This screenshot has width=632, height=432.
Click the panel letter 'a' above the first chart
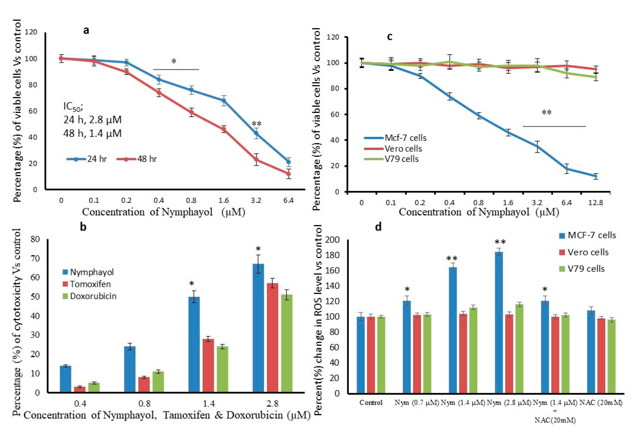(86, 31)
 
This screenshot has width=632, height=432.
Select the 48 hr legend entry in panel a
(137, 159)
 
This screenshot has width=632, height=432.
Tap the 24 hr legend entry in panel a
(87, 159)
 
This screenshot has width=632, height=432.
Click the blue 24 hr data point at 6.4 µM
(288, 162)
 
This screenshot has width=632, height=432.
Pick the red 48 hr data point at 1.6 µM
(224, 129)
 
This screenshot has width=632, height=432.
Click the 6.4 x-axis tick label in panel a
(288, 201)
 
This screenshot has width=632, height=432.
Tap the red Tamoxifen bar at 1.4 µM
(208, 365)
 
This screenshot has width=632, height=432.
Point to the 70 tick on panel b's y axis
(36, 259)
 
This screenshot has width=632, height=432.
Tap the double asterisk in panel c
(547, 112)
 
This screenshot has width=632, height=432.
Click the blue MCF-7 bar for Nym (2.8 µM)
(499, 322)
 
